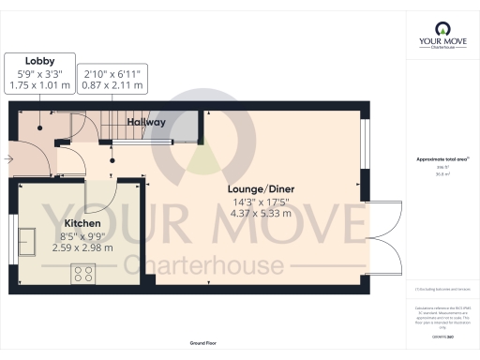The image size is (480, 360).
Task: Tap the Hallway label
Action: coord(146,123)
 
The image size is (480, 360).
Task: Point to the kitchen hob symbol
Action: coord(82,274)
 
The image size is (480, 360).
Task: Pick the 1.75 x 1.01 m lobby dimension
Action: coord(40,85)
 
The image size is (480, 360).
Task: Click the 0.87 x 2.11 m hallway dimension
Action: coord(114,85)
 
